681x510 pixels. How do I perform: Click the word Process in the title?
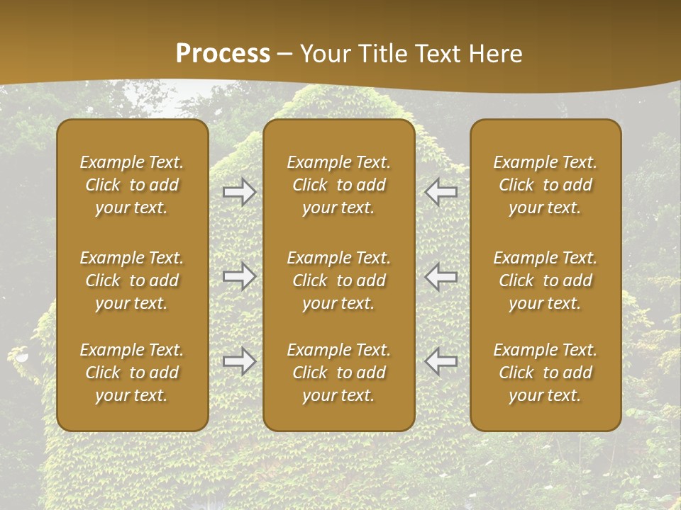[223, 54]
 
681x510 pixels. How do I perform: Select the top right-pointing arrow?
[240, 192]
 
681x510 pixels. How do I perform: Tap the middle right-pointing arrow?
[240, 276]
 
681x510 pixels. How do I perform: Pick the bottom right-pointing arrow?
[240, 361]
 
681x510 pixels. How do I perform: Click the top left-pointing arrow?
[441, 192]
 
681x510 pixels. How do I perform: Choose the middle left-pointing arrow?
[441, 276]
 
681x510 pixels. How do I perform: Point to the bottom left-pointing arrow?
[441, 361]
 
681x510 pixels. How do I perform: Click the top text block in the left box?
[132, 185]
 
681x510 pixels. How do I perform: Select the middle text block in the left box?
[132, 280]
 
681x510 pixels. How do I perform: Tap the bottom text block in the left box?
[132, 373]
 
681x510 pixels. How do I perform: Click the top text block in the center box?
[338, 185]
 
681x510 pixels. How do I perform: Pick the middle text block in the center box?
[338, 280]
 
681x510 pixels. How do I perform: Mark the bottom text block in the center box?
[338, 373]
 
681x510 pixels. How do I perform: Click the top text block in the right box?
[545, 185]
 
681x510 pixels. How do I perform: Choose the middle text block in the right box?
[545, 280]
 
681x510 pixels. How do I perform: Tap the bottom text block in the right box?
[545, 373]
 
